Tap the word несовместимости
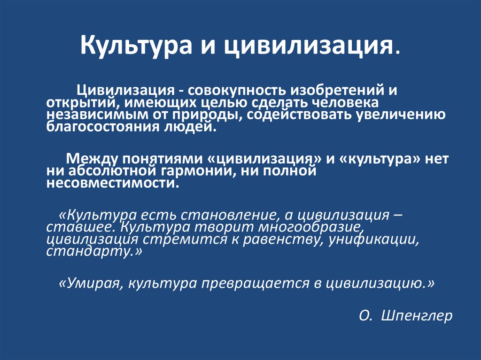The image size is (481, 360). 112,184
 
